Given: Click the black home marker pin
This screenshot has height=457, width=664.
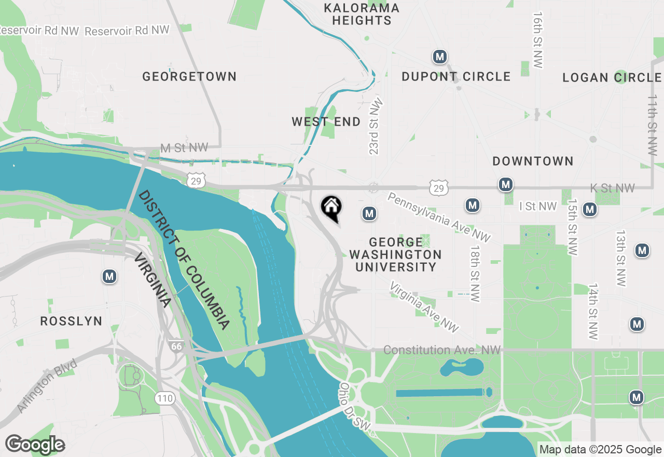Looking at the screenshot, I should click(x=331, y=208).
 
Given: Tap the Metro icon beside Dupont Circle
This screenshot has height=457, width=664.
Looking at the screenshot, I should click(x=440, y=57).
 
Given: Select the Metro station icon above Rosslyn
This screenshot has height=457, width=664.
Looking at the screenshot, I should click(x=109, y=276).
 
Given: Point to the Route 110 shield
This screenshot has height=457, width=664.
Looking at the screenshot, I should click(x=164, y=399).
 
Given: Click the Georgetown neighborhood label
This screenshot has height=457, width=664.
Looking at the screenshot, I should click(x=189, y=77).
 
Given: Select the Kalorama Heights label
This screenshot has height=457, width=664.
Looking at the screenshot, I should click(x=362, y=14).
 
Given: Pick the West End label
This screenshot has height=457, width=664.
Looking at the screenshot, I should click(x=326, y=122).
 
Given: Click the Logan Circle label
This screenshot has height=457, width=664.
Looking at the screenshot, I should click(x=612, y=78).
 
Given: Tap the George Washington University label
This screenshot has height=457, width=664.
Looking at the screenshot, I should click(x=395, y=254).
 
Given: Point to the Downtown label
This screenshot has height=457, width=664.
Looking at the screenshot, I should click(x=533, y=161).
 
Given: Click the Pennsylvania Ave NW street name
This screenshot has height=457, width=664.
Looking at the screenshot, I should click(x=438, y=218).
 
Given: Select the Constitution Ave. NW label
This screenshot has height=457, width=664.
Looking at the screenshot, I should click(x=442, y=351).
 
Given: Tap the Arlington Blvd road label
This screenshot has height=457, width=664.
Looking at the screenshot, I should click(x=47, y=386).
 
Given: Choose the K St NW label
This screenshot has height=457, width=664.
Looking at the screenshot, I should click(x=612, y=188).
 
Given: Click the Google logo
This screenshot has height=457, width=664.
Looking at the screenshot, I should click(x=35, y=445).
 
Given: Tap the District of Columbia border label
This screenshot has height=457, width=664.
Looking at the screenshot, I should click(x=184, y=260).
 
